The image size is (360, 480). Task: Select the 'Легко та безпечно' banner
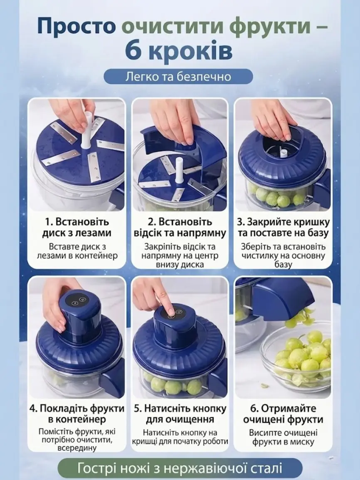(178, 77)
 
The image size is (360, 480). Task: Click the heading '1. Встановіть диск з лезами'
(76, 228)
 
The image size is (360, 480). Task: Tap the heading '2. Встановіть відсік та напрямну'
(180, 228)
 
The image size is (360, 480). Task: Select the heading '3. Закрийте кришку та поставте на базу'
(283, 228)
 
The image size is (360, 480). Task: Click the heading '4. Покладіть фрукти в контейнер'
(77, 414)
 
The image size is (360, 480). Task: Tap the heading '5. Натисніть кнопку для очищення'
(180, 414)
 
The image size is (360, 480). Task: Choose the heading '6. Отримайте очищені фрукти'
(283, 414)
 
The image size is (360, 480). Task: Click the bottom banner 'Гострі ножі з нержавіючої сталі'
(180, 468)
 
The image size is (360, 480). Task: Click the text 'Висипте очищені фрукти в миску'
(283, 438)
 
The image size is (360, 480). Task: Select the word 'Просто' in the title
(77, 26)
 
